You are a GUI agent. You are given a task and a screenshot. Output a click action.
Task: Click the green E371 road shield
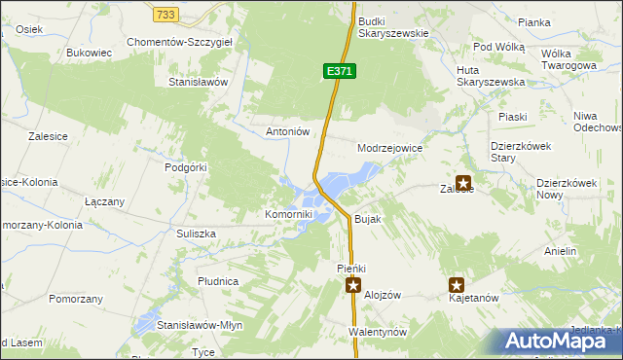pyautogui.click(x=340, y=71)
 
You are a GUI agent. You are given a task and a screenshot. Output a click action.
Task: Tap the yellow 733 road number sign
pyautogui.click(x=165, y=14)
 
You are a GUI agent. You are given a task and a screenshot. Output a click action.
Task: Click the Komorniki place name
pyautogui.click(x=288, y=214)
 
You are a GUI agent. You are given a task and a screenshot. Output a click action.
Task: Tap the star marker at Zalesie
pyautogui.click(x=462, y=182)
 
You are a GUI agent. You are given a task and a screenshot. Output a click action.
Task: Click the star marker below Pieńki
pyautogui.click(x=353, y=285)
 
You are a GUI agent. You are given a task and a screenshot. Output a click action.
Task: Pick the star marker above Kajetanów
pyautogui.click(x=456, y=285)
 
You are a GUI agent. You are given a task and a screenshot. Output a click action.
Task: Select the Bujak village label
pyautogui.click(x=367, y=220)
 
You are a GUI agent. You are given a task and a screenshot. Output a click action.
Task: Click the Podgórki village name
pyautogui.click(x=186, y=167)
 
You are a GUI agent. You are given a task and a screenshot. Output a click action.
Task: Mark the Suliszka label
pyautogui.click(x=196, y=234)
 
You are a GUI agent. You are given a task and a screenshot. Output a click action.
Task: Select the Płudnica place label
pyautogui.click(x=218, y=281)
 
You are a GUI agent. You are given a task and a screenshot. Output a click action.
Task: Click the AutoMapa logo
pyautogui.click(x=559, y=341)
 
